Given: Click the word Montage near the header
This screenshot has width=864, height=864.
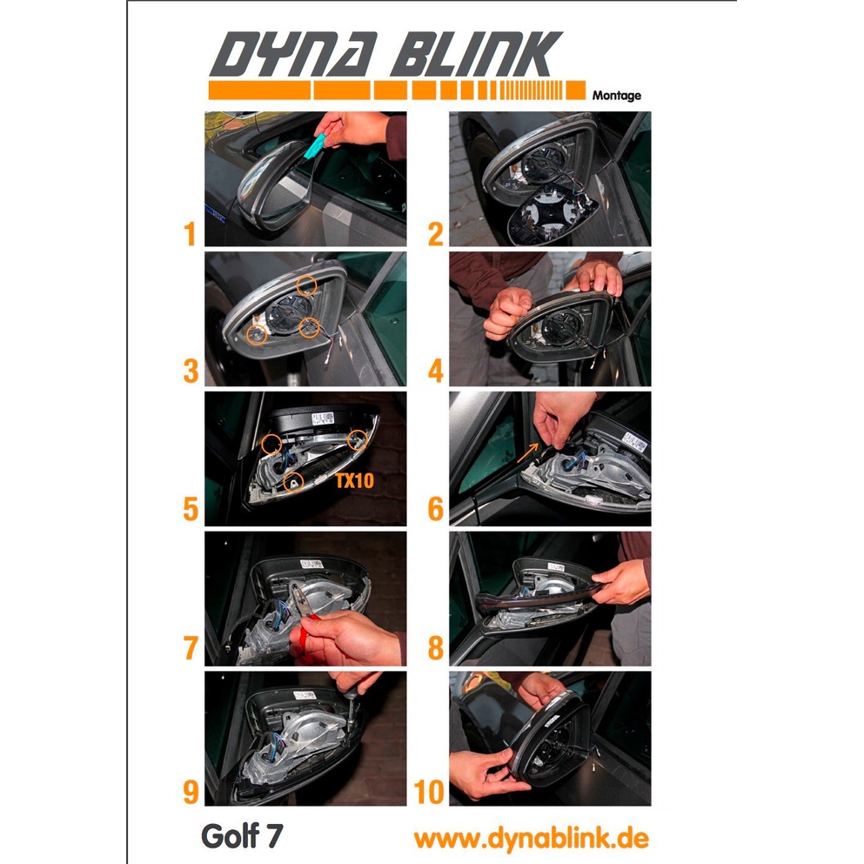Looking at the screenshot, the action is [x=617, y=96].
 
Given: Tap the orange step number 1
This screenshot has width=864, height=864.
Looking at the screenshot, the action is [x=190, y=234].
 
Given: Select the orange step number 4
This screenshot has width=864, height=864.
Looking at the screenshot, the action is [x=435, y=371].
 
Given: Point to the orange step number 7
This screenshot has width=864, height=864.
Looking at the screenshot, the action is [x=191, y=647].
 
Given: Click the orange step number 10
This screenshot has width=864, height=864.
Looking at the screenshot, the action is [x=429, y=793].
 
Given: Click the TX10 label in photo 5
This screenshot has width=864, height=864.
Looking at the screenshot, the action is [x=355, y=480].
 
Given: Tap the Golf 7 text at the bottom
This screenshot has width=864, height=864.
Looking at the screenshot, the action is [x=242, y=836].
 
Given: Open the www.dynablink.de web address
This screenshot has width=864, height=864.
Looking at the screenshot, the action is [x=532, y=838].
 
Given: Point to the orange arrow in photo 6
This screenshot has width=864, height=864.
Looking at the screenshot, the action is [x=527, y=452].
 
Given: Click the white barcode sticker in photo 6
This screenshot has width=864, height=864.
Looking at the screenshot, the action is [x=635, y=441].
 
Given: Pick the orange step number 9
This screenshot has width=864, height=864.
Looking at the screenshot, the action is [x=191, y=793].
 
